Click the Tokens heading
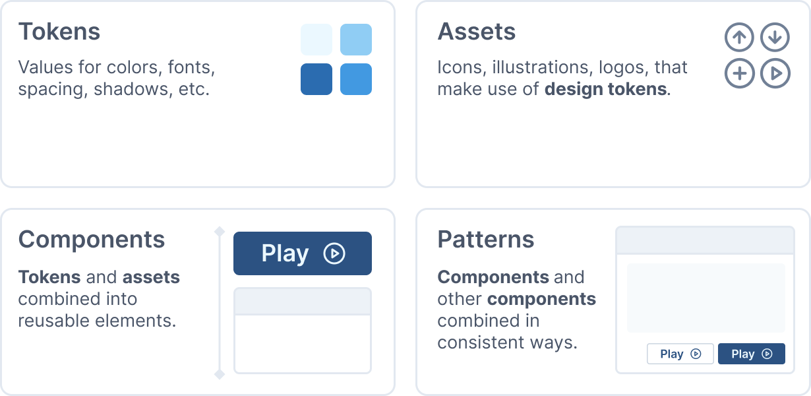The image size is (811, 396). pyautogui.click(x=59, y=32)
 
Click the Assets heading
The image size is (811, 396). pyautogui.click(x=477, y=32)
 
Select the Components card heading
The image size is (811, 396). pyautogui.click(x=92, y=240)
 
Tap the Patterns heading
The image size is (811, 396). pyautogui.click(x=486, y=240)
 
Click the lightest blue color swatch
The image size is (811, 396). pyautogui.click(x=316, y=40)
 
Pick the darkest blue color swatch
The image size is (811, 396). pyautogui.click(x=316, y=79)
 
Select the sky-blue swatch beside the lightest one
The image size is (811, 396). pyautogui.click(x=356, y=40)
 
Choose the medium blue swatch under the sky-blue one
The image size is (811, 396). pyautogui.click(x=356, y=79)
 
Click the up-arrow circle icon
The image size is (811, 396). pyautogui.click(x=739, y=37)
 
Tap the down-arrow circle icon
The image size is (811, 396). pyautogui.click(x=775, y=37)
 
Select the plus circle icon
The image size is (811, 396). pyautogui.click(x=739, y=73)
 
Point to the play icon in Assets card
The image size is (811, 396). pyautogui.click(x=775, y=73)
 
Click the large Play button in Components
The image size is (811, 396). pyautogui.click(x=303, y=253)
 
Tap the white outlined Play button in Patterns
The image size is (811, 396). pyautogui.click(x=680, y=354)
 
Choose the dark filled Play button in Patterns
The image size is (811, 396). pyautogui.click(x=752, y=354)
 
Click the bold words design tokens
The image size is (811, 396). pyautogui.click(x=606, y=88)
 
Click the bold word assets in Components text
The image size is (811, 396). pyautogui.click(x=152, y=277)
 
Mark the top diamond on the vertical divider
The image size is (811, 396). pyautogui.click(x=220, y=232)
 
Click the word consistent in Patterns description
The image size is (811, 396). pyautogui.click(x=481, y=343)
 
